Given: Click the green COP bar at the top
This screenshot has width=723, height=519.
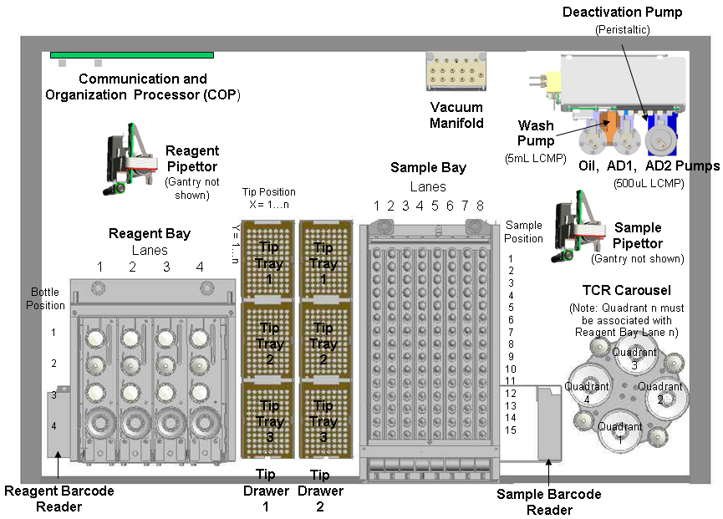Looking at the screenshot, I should (x=131, y=55).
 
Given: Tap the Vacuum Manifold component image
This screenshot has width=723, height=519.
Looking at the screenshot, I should (x=456, y=73).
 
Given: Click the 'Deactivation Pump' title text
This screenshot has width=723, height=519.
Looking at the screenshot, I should (x=634, y=13).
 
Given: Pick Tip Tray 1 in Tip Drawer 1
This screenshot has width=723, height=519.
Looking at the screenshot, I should (x=268, y=261).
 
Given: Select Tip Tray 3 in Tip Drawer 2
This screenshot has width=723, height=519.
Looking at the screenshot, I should (x=323, y=420).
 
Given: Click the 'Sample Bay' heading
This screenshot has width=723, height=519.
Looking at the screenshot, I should (x=428, y=168).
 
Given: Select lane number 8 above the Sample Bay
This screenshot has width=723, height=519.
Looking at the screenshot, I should (x=480, y=206).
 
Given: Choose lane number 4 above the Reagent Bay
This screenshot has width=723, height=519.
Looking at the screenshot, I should (x=199, y=267).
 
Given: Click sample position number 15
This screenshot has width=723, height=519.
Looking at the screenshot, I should (x=511, y=430).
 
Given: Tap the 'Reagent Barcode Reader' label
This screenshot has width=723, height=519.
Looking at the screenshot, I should (x=59, y=498).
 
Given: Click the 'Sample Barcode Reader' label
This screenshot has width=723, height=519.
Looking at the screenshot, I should (x=549, y=501).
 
